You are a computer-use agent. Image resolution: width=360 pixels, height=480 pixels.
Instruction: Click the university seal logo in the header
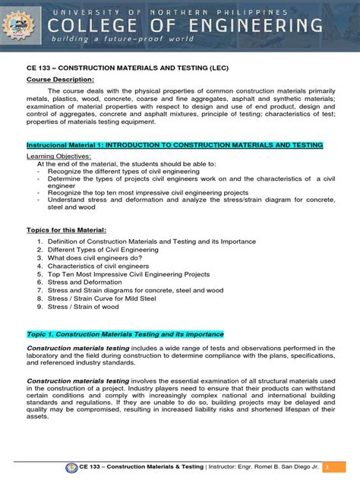tap(24, 27)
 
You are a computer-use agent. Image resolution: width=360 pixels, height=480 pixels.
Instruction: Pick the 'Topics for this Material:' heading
tap(66, 229)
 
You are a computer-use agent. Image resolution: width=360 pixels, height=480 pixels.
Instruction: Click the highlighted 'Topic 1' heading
tap(125, 333)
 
